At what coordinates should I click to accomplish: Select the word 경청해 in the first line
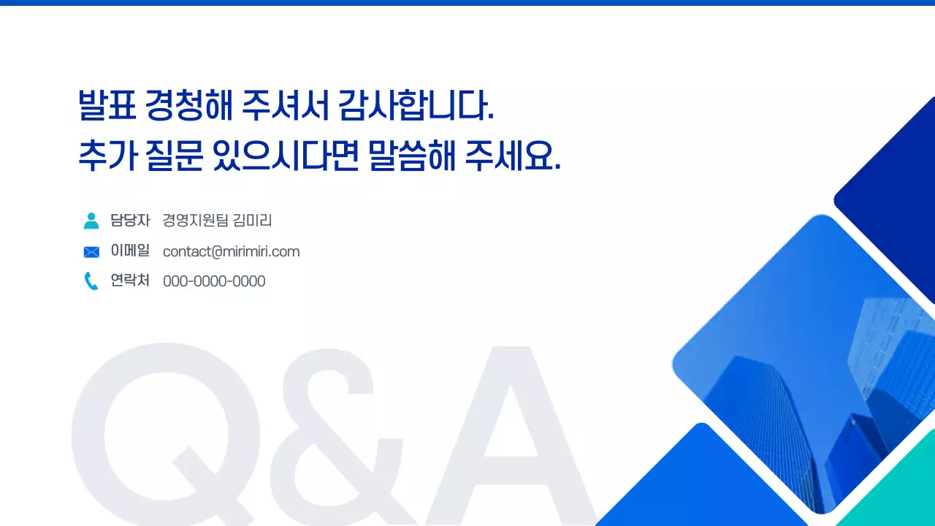[189, 107]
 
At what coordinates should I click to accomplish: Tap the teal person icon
[91, 221]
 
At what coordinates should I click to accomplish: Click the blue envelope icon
[91, 252]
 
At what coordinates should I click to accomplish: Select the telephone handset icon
[91, 281]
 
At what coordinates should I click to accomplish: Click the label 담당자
[130, 220]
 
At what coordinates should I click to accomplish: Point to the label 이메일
[130, 251]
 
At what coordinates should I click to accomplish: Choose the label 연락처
[130, 281]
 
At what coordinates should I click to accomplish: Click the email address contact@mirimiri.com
[231, 251]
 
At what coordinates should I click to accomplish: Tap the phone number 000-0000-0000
[214, 281]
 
